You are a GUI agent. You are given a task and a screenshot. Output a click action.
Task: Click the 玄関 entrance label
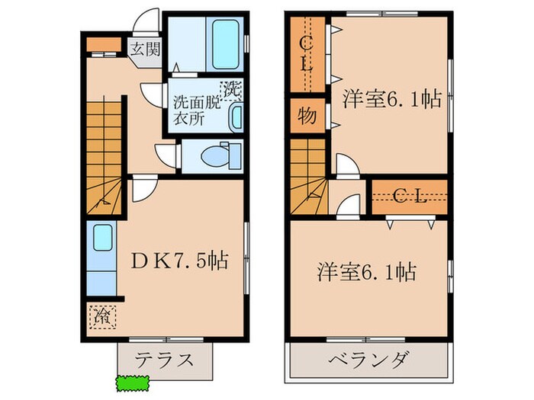coord(143,51)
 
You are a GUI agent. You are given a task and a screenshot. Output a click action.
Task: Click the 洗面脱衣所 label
coord(195,110)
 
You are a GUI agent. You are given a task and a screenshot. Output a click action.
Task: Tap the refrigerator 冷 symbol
coord(101,313)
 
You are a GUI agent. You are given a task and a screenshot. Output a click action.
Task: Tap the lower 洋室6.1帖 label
coord(368,271)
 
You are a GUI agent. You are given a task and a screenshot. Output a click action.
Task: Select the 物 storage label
coord(307,117)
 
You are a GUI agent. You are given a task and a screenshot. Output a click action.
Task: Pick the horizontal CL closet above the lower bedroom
coord(410,197)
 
